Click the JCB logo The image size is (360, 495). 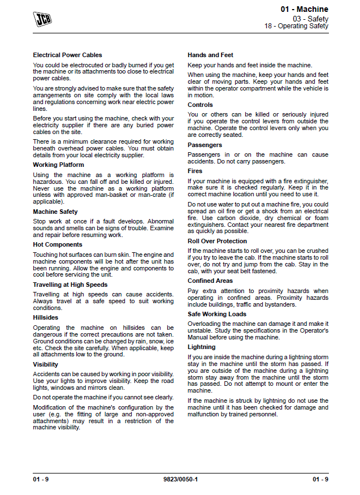click(x=41, y=19)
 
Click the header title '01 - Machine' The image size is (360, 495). click(x=304, y=10)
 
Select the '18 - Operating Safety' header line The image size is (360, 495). click(x=296, y=26)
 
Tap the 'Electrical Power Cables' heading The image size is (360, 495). click(x=67, y=55)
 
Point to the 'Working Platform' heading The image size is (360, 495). click(x=58, y=165)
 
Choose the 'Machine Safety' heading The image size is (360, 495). click(x=55, y=212)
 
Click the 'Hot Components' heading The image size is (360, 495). click(x=58, y=244)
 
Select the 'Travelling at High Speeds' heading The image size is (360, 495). click(x=70, y=285)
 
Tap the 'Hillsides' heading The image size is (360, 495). click(x=45, y=317)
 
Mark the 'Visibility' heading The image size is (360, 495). click(x=45, y=364)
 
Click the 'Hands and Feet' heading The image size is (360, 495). click(x=210, y=55)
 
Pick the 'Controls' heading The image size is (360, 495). click(x=200, y=105)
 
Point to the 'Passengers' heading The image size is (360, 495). click(x=205, y=145)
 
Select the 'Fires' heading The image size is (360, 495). click(x=195, y=171)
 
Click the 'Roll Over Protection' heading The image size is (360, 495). click(x=217, y=241)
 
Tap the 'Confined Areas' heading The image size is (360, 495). click(x=210, y=281)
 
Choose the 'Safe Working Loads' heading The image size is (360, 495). click(x=216, y=313)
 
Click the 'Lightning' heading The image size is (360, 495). click(x=201, y=347)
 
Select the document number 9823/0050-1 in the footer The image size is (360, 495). click(x=180, y=480)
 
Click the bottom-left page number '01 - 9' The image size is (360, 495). click(x=41, y=480)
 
